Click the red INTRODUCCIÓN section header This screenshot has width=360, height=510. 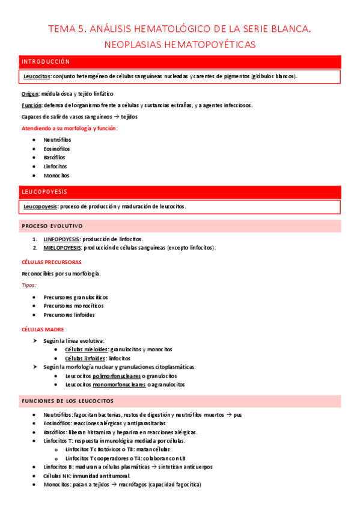45,61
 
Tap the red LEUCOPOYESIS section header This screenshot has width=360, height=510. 44,192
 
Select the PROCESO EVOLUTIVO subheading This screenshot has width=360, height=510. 52,226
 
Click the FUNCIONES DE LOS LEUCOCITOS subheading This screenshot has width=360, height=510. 67,401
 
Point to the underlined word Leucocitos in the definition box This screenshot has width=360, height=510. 37,76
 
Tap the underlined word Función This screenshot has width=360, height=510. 31,105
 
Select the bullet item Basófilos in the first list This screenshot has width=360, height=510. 55,158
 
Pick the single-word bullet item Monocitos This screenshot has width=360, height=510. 56,176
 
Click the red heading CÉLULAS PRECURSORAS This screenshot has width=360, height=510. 51,262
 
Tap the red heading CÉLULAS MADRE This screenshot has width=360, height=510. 43,330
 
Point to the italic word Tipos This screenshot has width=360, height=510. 29,285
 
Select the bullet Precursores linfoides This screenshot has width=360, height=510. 69,315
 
